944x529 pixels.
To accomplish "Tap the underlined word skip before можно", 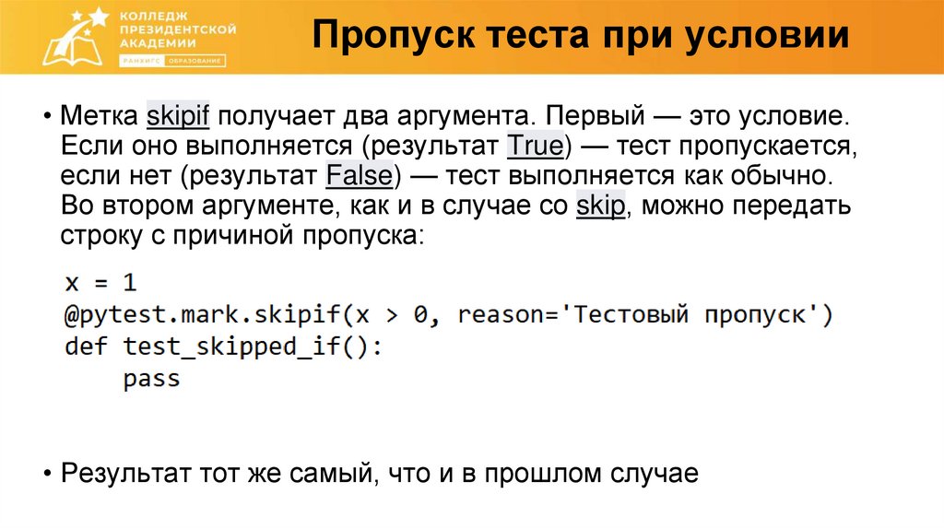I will tap(601, 206).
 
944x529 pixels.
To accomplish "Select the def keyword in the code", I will tap(86, 347).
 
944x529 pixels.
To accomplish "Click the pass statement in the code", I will tap(151, 379).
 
